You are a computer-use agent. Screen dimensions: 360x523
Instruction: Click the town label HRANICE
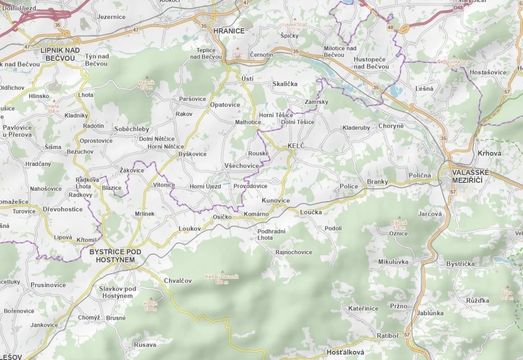(x=229, y=31)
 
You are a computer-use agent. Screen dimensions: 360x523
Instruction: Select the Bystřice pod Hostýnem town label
(x=115, y=256)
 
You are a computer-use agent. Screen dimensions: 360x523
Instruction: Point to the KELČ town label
(x=296, y=146)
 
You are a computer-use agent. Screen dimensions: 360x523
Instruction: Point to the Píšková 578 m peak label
(x=399, y=225)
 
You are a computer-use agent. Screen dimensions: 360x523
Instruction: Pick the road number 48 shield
(x=390, y=28)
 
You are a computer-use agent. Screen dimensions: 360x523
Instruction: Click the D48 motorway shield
(x=458, y=8)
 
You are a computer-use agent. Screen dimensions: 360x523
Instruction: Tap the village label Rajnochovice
(x=293, y=252)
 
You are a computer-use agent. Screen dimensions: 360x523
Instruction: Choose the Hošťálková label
(x=345, y=352)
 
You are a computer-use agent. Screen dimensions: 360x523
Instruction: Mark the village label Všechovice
(x=242, y=166)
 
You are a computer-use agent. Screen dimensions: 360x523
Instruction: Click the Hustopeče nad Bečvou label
(x=371, y=63)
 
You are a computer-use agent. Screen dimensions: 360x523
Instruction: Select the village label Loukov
(x=189, y=229)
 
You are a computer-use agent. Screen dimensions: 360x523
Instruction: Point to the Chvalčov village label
(x=177, y=281)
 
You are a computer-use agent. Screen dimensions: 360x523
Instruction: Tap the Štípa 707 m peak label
(x=507, y=295)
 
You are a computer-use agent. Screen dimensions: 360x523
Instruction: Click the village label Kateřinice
(x=363, y=308)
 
